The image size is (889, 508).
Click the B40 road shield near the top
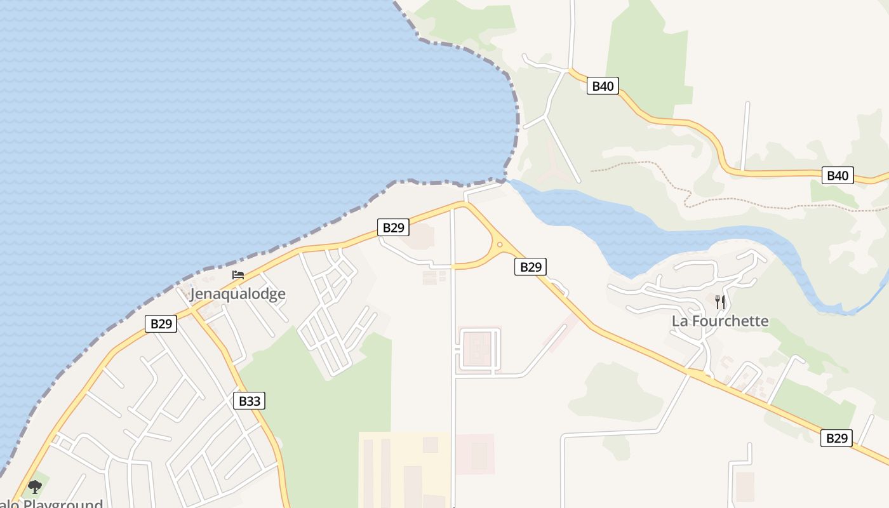pos(602,86)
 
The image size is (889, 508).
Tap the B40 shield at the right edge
pos(838,175)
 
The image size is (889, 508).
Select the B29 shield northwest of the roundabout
pos(393,227)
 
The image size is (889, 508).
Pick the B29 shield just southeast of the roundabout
pos(530,267)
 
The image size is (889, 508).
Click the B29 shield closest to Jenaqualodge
pos(161,324)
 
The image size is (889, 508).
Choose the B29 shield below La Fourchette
pos(836,438)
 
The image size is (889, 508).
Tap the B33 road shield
pos(250,401)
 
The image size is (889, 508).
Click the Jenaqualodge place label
pos(237,294)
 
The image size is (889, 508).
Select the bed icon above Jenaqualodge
pos(238,275)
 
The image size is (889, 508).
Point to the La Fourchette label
pos(720,321)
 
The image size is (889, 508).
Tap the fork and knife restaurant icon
pos(720,302)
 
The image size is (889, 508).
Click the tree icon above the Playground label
pos(35,487)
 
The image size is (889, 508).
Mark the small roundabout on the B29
pos(500,244)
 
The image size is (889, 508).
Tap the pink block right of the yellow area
pos(475,454)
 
